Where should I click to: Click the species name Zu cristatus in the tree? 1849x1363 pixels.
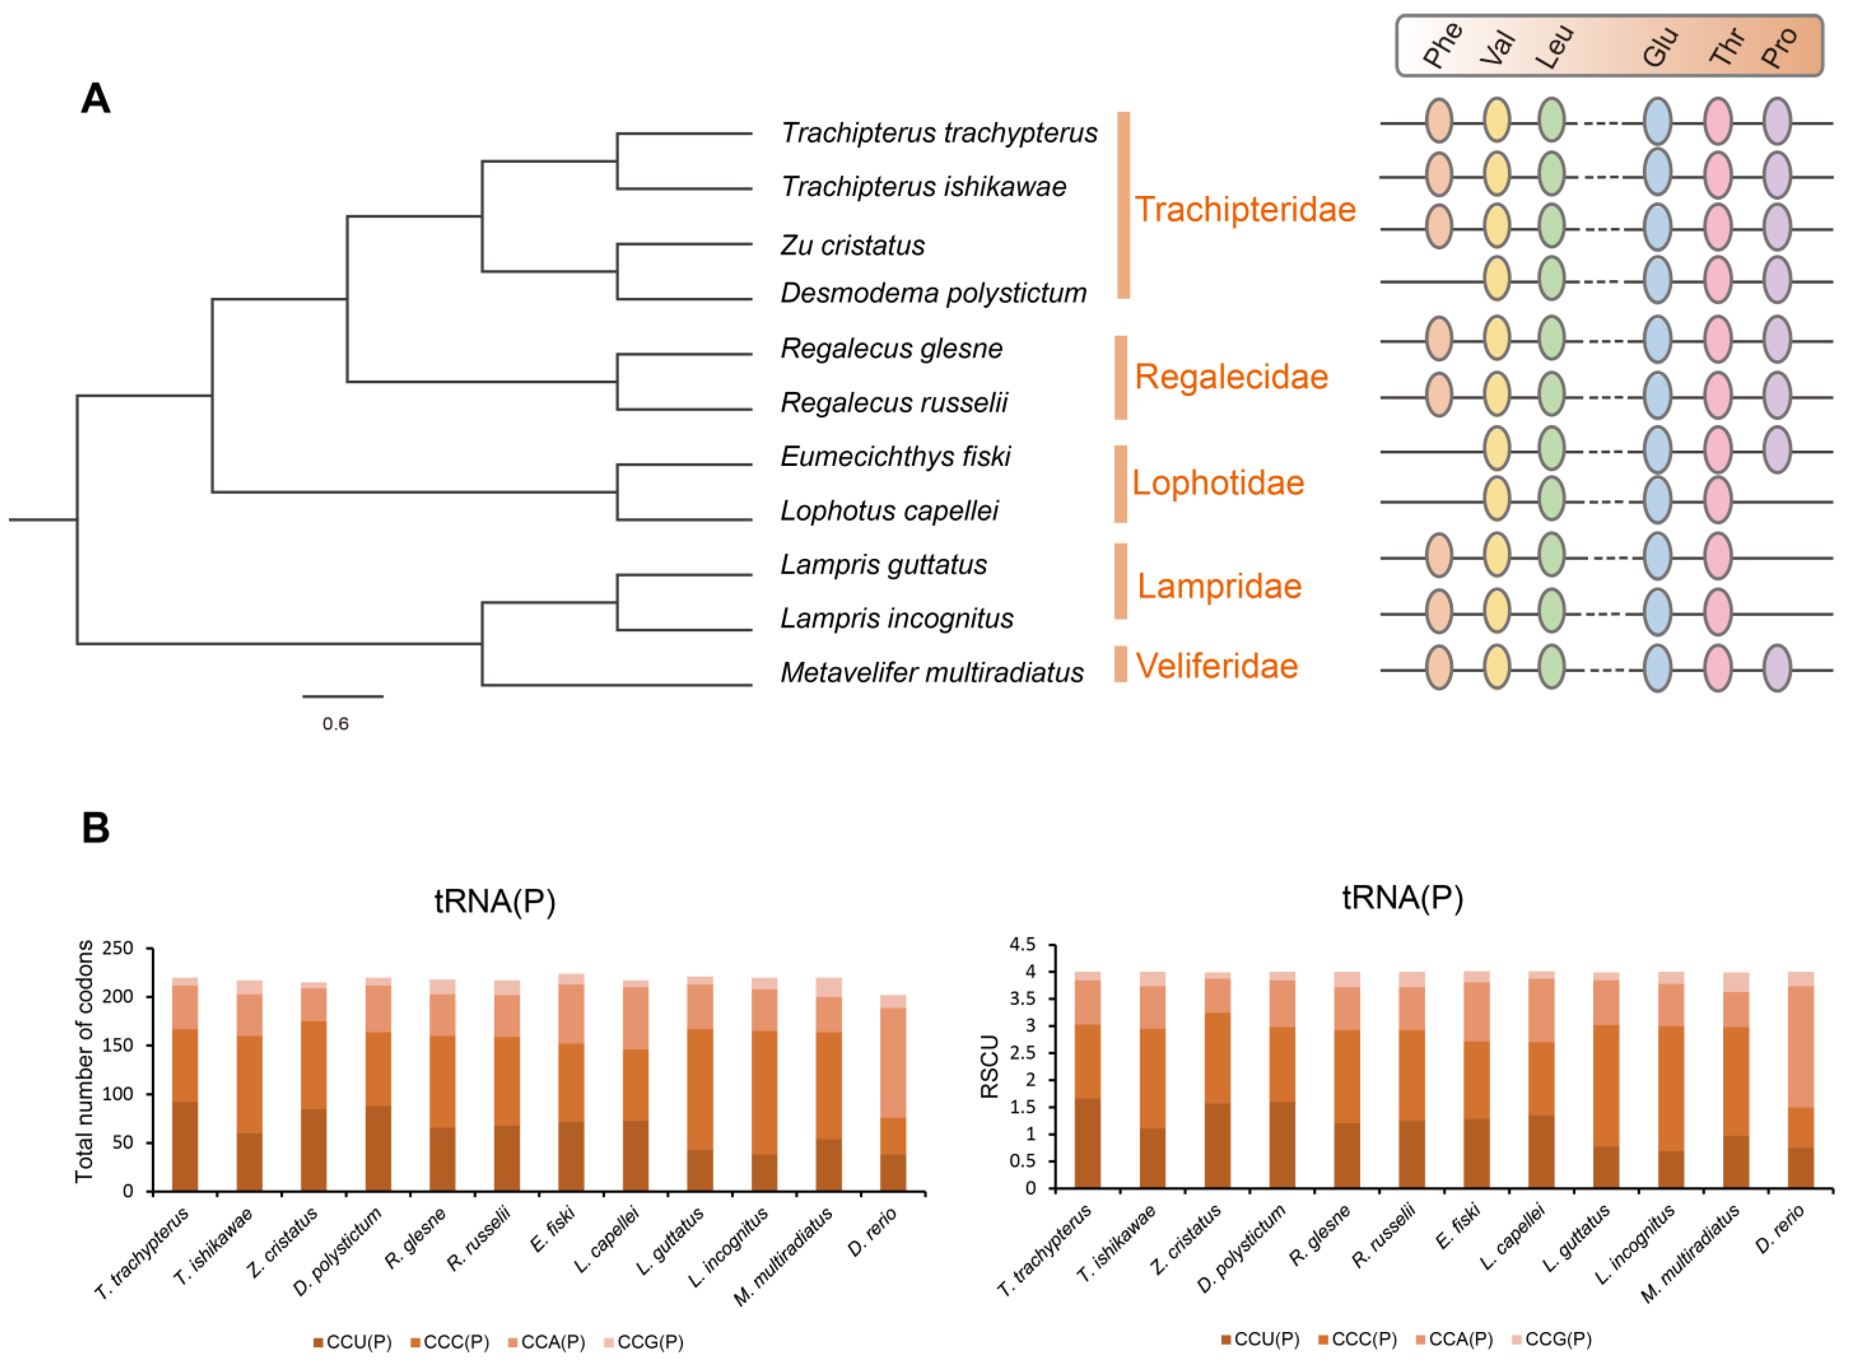point(852,245)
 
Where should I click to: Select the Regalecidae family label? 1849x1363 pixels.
point(1231,377)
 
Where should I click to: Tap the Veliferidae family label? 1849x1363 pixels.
point(1217,666)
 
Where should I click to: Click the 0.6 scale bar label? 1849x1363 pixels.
point(335,724)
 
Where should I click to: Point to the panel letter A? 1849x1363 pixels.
point(96,99)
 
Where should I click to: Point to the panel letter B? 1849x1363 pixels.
point(96,828)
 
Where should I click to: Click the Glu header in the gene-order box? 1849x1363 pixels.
point(1660,47)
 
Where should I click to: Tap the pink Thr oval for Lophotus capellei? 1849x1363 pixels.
point(1718,500)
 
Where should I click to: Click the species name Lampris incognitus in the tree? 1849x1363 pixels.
point(897,618)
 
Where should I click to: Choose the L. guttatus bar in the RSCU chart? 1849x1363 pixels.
point(1606,1081)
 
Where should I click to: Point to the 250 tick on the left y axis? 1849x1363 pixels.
point(117,948)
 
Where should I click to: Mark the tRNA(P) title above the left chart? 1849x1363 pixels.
point(495,901)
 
